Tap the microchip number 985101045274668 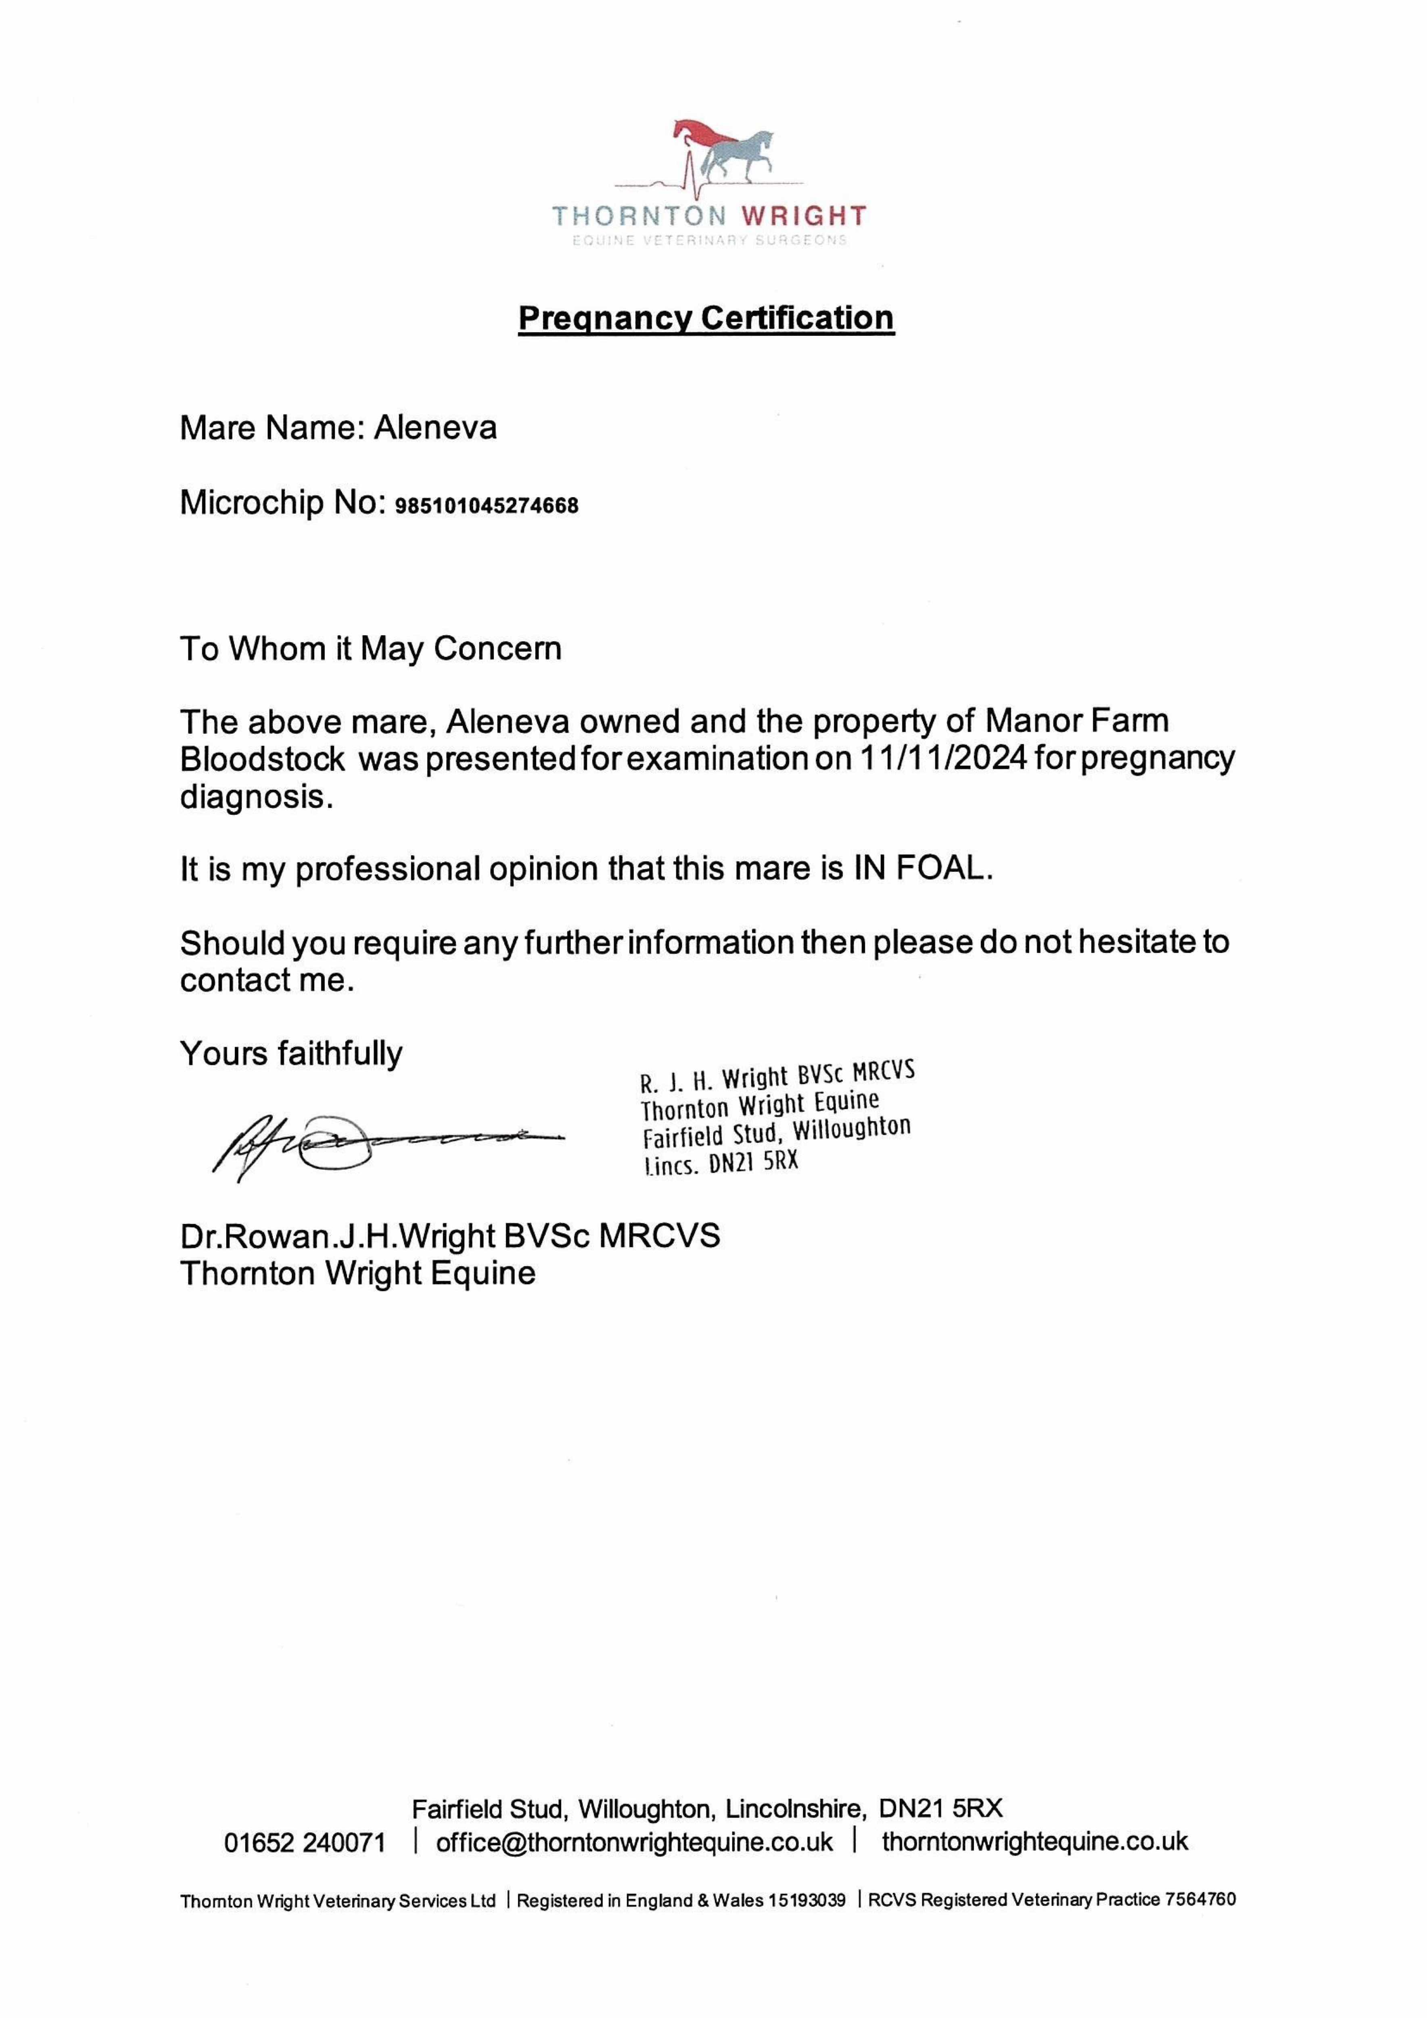pos(488,506)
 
